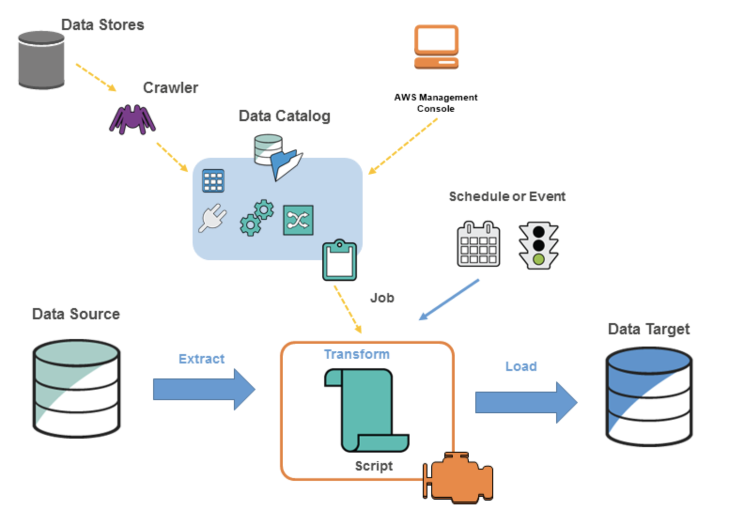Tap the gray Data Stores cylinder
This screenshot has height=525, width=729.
pyautogui.click(x=41, y=60)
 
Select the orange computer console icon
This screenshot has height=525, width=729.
pyautogui.click(x=436, y=47)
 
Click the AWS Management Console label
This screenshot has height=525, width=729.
pyautogui.click(x=435, y=103)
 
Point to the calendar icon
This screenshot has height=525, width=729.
pyautogui.click(x=478, y=244)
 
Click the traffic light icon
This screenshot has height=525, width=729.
pyautogui.click(x=538, y=245)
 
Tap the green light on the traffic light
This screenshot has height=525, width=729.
pyautogui.click(x=538, y=259)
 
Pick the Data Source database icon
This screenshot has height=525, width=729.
pyautogui.click(x=77, y=388)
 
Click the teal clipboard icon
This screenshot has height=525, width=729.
pyautogui.click(x=339, y=261)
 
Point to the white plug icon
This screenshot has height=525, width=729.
pyautogui.click(x=212, y=218)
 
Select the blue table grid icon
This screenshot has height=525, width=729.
pyautogui.click(x=213, y=181)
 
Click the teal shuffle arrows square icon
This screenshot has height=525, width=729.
pyautogui.click(x=298, y=220)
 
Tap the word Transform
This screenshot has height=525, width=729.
pyautogui.click(x=357, y=354)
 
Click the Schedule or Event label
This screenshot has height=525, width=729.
pyautogui.click(x=507, y=196)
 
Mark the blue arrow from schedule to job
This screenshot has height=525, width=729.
pyautogui.click(x=449, y=300)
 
